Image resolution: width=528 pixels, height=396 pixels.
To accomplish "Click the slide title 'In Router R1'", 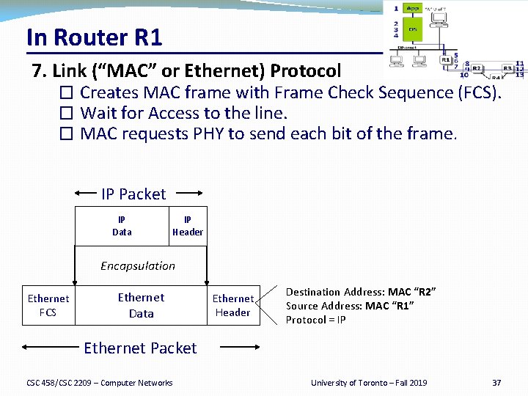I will coord(94,37).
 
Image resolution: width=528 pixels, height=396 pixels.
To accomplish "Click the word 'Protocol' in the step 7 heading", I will coord(305,71).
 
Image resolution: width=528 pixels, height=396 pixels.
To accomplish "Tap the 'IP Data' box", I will coord(122,226).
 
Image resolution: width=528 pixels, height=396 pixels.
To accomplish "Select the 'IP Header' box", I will coord(188,226).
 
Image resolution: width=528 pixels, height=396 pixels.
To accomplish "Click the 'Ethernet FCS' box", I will coord(48,305).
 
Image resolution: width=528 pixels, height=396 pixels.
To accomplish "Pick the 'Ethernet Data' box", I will coord(141,305).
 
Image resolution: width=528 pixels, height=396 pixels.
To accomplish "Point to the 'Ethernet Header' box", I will coord(232,305).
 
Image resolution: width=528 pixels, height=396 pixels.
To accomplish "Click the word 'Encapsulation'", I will coord(138,265).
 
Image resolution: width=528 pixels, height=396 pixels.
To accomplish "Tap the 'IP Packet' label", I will coord(133,194).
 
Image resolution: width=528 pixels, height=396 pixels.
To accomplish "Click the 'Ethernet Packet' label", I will coord(140,348).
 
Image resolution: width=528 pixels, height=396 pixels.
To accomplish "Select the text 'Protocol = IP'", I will coord(315,320).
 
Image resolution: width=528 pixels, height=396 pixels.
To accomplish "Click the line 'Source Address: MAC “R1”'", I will coord(350,306).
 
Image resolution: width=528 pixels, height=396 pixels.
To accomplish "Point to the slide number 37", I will coord(496,383).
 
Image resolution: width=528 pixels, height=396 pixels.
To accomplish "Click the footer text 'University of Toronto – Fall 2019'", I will coord(368,383).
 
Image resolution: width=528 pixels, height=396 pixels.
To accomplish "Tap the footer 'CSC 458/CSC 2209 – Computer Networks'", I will coord(100,383).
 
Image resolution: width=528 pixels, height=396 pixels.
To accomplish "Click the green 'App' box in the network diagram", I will coord(413,9).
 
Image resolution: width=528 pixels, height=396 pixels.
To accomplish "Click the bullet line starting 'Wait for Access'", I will coord(183,113).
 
